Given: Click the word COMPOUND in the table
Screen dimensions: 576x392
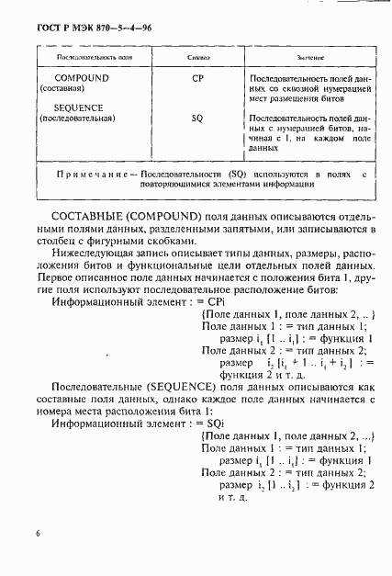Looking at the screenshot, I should coord(74,79).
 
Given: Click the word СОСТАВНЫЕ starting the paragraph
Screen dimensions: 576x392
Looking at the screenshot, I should coord(95,214).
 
